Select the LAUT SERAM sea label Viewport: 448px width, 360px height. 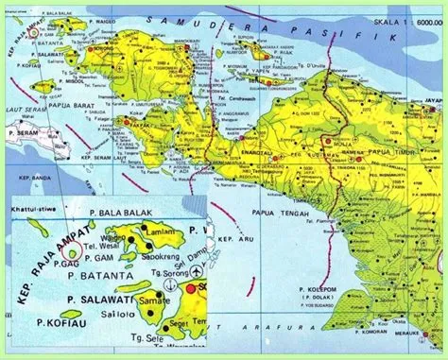coord(26,111)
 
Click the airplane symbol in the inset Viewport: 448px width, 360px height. coord(196,271)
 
